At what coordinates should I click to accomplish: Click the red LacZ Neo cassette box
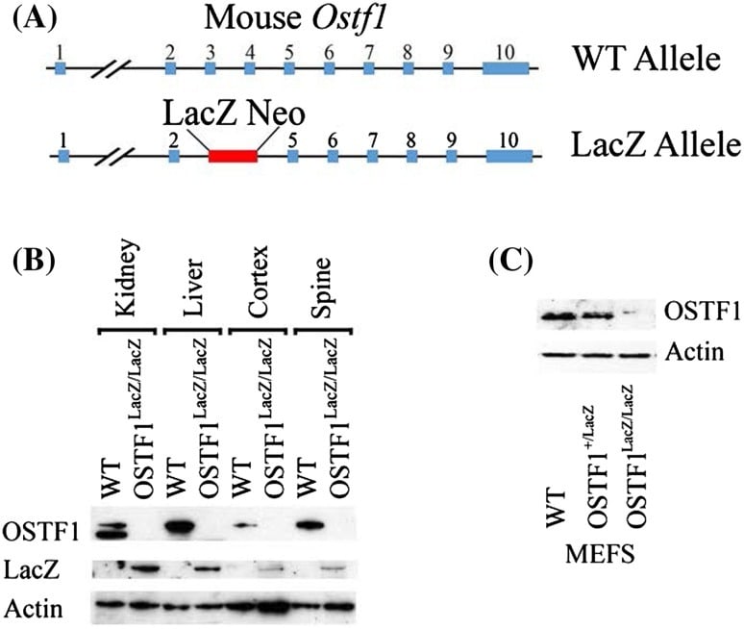point(233,156)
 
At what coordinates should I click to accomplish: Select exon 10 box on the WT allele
point(506,68)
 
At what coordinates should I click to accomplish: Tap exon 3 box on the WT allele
point(211,68)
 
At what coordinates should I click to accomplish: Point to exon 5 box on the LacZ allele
point(293,156)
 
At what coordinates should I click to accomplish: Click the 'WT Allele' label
point(647,59)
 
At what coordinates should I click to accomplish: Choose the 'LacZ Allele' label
point(656,144)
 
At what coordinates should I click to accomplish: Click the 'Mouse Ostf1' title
point(294,17)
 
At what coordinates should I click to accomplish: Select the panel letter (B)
point(35,261)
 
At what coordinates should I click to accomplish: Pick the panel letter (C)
point(511,261)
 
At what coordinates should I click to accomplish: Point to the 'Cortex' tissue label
point(258,281)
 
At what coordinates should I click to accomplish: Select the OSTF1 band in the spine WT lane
point(309,525)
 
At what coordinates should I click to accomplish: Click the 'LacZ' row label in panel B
point(32,569)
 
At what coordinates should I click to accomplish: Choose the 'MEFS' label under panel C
point(600,554)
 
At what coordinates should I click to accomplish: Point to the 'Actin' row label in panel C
point(694,353)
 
